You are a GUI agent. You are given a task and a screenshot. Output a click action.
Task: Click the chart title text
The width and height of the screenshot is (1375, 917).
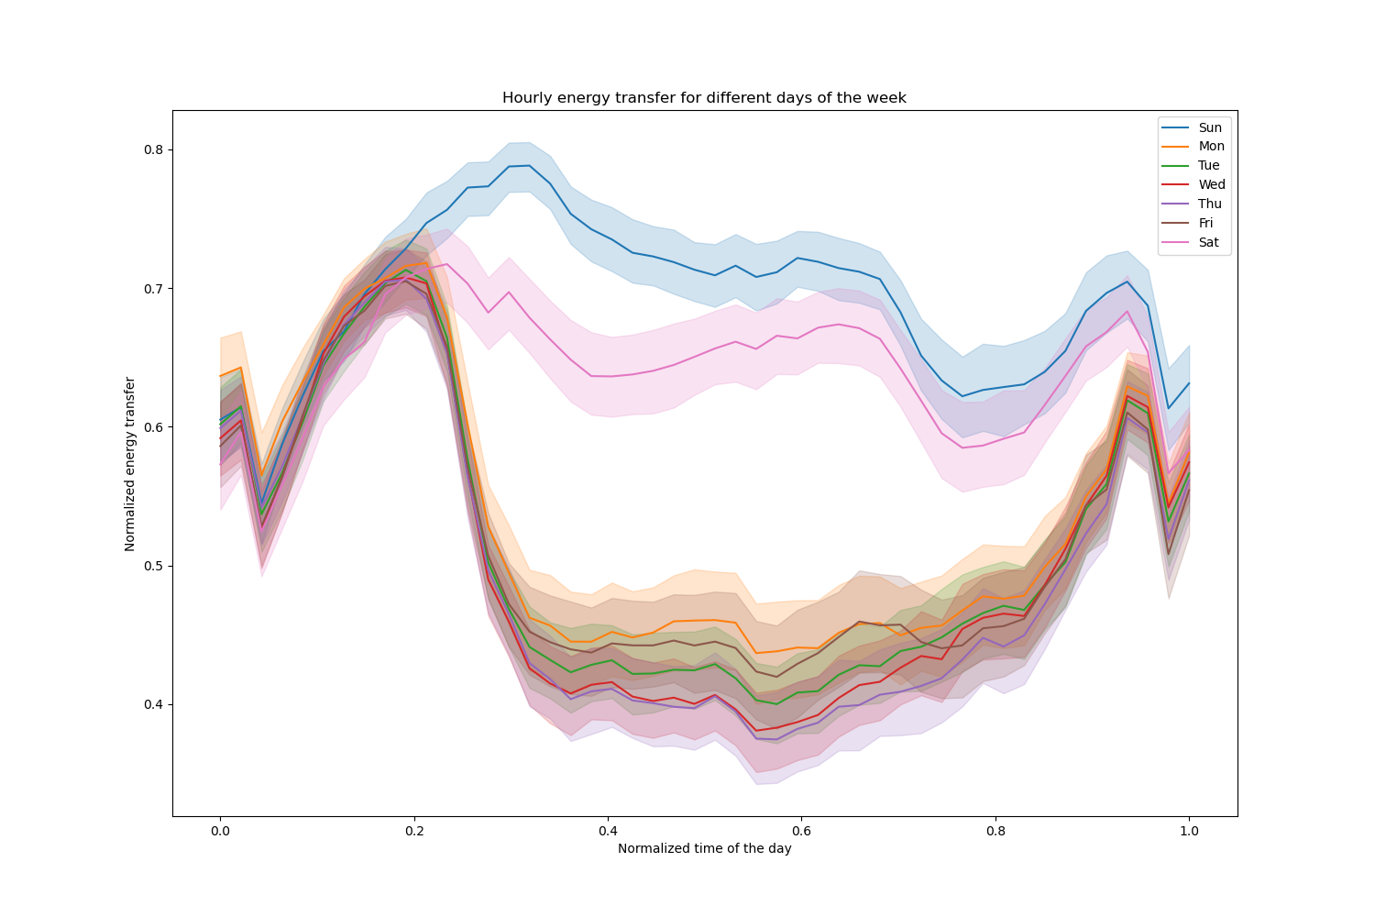(x=704, y=98)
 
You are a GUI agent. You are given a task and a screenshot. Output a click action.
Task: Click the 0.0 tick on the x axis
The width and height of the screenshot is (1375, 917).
(x=220, y=831)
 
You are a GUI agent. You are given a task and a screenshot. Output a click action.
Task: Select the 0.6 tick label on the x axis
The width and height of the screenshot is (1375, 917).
(x=801, y=831)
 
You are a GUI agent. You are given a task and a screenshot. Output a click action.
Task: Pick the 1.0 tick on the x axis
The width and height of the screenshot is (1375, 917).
(x=1189, y=831)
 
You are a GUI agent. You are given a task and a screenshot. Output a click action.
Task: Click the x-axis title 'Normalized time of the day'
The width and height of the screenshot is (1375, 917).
(x=704, y=849)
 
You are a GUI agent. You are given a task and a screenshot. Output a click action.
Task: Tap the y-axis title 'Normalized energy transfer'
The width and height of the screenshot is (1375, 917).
(x=130, y=463)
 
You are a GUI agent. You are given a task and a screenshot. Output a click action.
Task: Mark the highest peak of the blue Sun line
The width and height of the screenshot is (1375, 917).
(x=529, y=166)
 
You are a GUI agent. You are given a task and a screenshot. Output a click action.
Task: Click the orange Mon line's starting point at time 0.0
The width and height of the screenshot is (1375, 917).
(x=220, y=376)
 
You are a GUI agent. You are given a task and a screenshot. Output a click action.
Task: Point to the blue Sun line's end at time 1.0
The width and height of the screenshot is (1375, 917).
(x=1189, y=383)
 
